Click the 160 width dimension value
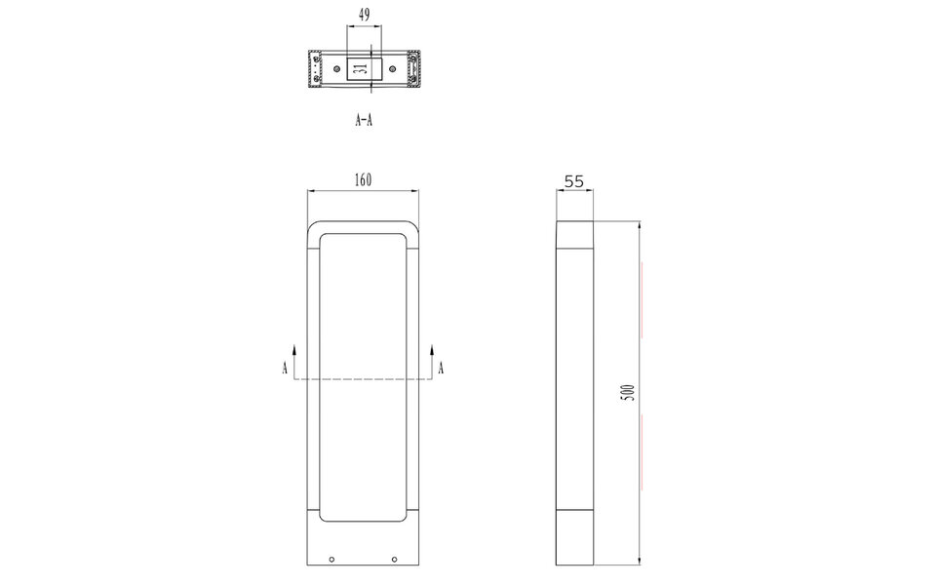tap(363, 180)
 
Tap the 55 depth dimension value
tap(574, 181)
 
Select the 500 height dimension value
tap(629, 392)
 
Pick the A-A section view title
tap(364, 121)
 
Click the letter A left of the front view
tap(285, 368)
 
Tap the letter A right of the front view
tap(441, 368)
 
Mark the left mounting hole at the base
tap(331, 559)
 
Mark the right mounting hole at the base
tap(394, 559)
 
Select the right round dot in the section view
tap(392, 69)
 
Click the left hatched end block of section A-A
tap(316, 69)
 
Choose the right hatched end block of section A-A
tap(414, 69)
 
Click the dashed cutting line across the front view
tap(363, 378)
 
